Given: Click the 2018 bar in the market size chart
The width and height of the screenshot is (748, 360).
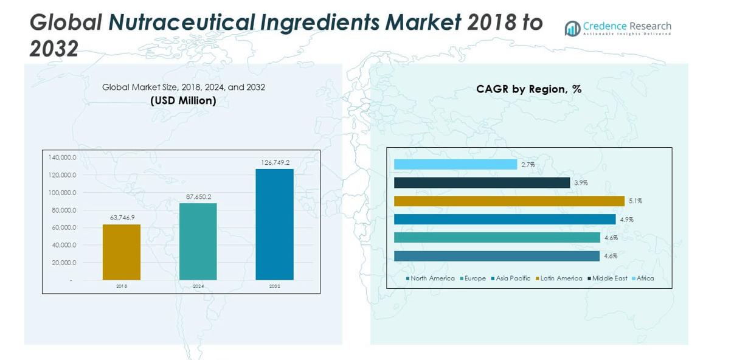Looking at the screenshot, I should click(x=121, y=252).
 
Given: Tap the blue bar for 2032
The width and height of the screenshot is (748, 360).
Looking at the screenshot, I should click(x=274, y=224).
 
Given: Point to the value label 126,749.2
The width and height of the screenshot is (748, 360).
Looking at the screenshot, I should click(x=275, y=162).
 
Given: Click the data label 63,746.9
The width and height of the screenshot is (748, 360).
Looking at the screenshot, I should click(x=122, y=218).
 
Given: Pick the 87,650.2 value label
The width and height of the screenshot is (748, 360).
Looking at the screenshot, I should click(x=198, y=196).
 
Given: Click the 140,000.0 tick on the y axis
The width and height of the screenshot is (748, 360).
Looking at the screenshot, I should click(x=62, y=157).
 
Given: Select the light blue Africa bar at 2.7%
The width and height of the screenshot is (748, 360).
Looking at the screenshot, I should click(x=455, y=164).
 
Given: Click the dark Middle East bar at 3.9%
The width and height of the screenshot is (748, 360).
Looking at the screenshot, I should click(x=481, y=182).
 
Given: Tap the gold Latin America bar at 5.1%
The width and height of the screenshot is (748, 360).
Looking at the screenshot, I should click(x=509, y=201).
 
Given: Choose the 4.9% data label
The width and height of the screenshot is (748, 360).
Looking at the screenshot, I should click(x=626, y=220).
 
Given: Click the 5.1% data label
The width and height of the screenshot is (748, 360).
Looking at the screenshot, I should click(x=635, y=201).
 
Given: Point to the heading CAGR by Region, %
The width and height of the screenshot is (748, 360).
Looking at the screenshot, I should click(x=528, y=89).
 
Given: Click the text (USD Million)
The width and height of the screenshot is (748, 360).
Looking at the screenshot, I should click(x=183, y=100).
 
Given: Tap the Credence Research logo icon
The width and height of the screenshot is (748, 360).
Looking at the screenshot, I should click(x=572, y=29).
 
